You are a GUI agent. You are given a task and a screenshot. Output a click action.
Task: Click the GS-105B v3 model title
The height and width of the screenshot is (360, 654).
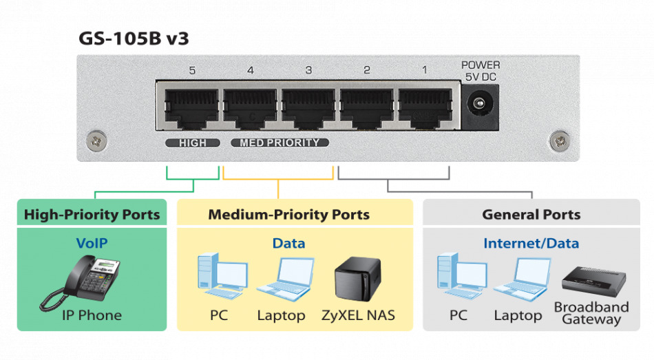[x=134, y=39]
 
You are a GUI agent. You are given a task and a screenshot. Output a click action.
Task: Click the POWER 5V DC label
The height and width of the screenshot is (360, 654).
[x=480, y=71]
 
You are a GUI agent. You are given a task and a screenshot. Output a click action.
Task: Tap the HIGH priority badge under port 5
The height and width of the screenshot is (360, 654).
[x=192, y=142]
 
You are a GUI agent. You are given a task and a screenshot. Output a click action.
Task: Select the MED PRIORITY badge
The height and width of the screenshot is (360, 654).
[x=279, y=142]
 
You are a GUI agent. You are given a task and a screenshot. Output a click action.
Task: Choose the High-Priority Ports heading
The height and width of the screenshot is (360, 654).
[x=92, y=215]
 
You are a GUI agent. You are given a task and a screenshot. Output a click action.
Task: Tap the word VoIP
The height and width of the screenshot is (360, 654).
[x=92, y=243]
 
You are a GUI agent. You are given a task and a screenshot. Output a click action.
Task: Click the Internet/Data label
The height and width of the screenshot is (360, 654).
[x=531, y=243]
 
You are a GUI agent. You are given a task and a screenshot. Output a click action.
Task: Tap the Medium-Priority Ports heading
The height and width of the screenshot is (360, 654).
[x=288, y=215]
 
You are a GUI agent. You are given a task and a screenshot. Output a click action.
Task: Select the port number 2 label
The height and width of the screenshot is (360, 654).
[x=367, y=70]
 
